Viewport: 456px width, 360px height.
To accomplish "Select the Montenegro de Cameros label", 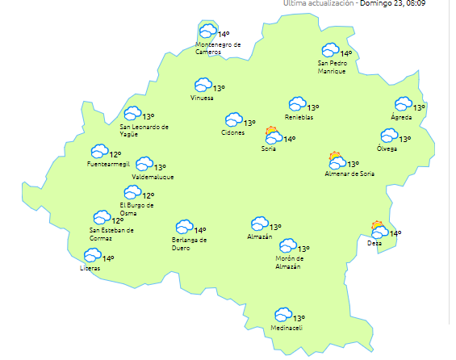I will tap(218, 48).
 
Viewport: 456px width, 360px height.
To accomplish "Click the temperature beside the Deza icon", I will tap(395, 233).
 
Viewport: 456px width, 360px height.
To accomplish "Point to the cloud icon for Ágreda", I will tap(403, 104).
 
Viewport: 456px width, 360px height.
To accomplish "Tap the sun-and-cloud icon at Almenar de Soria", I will tap(336, 161).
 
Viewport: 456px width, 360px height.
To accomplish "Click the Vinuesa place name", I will tap(202, 98).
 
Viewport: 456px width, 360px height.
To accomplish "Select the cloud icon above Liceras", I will tap(92, 256).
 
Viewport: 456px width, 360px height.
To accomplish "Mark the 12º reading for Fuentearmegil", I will tap(115, 154).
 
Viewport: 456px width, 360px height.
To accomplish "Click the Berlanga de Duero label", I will tap(190, 244).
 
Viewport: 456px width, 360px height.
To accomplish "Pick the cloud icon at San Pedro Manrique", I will tap(329, 51).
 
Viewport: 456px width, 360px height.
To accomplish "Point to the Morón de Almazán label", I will tap(287, 262).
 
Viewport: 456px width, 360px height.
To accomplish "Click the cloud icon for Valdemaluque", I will tap(144, 165).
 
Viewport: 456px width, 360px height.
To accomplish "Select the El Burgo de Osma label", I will tap(136, 210).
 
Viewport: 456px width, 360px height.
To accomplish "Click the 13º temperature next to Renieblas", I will tap(313, 107).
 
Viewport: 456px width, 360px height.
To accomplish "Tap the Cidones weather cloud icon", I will tap(234, 120).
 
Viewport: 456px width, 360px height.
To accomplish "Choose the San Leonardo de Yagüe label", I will tap(144, 130).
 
